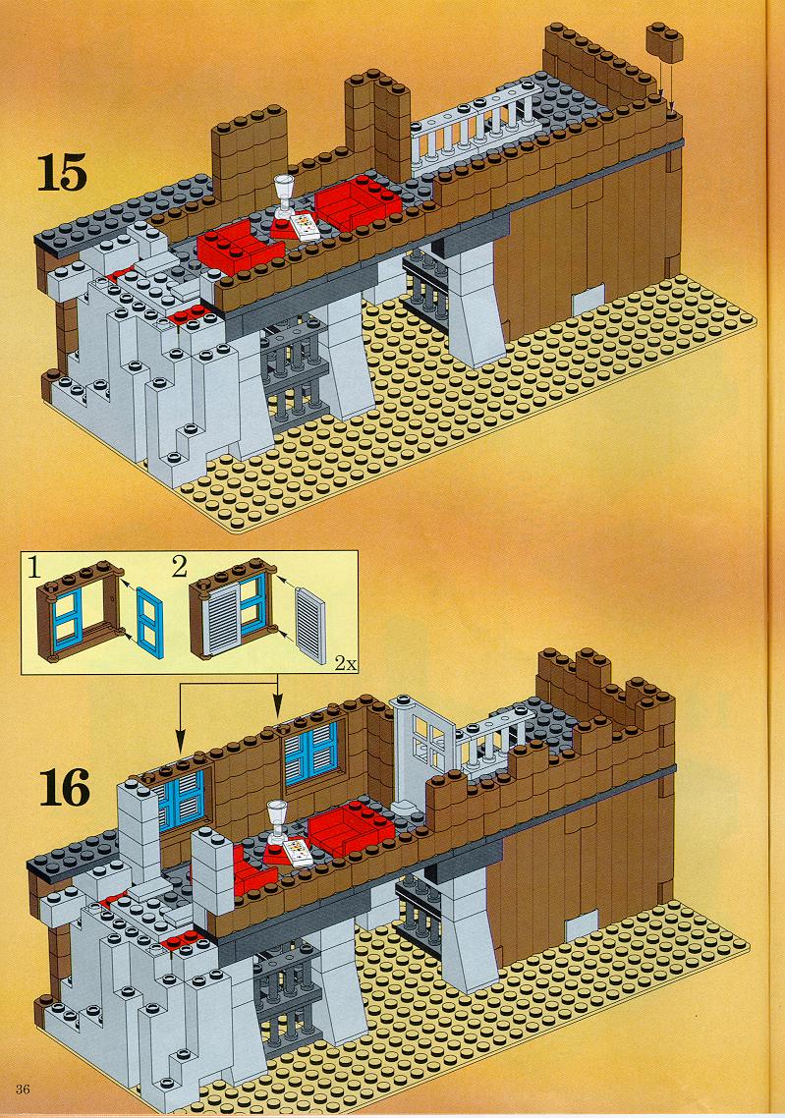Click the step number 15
coord(63,173)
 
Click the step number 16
coord(65,787)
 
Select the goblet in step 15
coord(285,196)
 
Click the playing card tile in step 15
coord(305,228)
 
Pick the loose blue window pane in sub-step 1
coord(150,620)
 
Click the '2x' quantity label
coord(345,664)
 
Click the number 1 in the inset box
coord(33,568)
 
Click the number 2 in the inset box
coord(179,567)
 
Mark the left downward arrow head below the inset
coord(179,742)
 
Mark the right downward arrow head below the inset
coord(277,708)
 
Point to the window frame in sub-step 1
coord(81,610)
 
